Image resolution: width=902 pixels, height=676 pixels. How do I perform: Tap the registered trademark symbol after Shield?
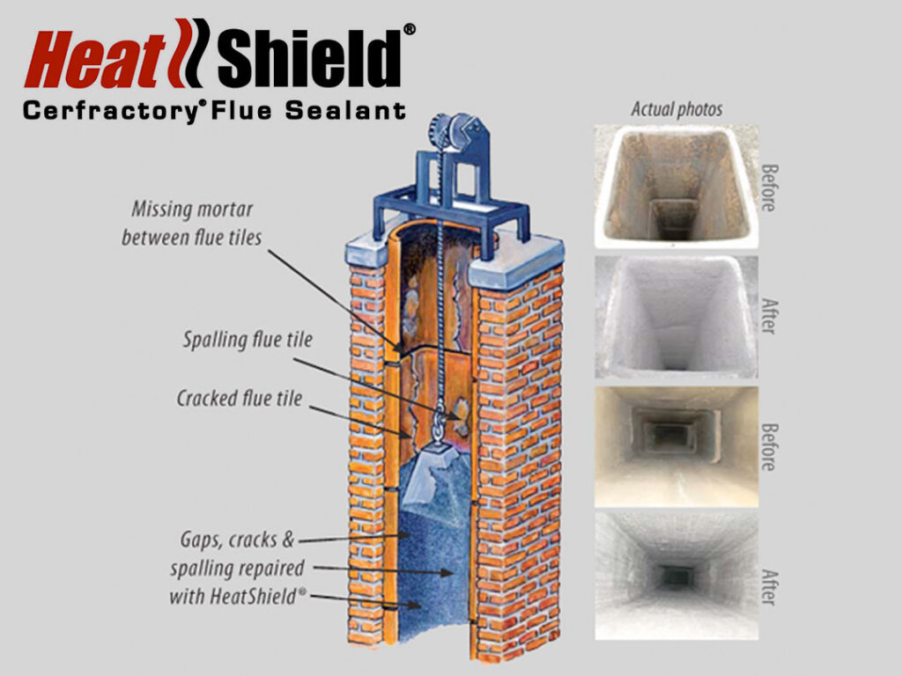[409, 30]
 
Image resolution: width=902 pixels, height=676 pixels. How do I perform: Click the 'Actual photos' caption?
[676, 109]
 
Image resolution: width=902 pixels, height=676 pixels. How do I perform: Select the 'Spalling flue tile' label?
[236, 340]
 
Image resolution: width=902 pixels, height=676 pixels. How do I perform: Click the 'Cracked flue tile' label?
[239, 399]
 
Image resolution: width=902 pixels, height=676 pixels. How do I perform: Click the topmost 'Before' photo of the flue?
[676, 185]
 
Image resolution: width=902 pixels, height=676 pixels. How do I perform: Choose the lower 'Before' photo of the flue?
[676, 446]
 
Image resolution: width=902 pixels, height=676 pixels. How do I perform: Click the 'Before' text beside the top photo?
[767, 187]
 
